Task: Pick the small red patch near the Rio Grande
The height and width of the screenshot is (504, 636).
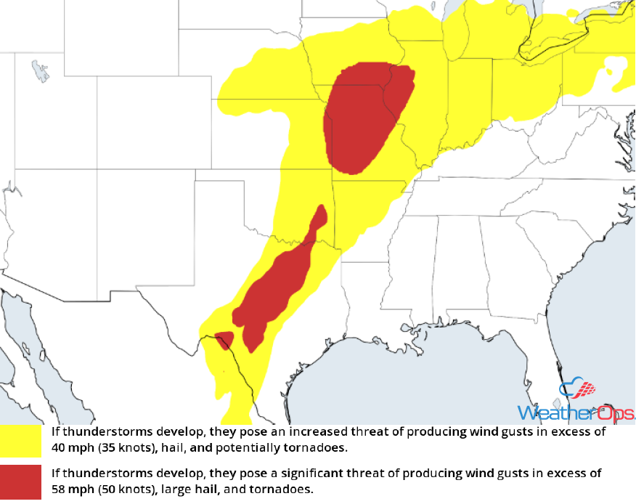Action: (x=224, y=338)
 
